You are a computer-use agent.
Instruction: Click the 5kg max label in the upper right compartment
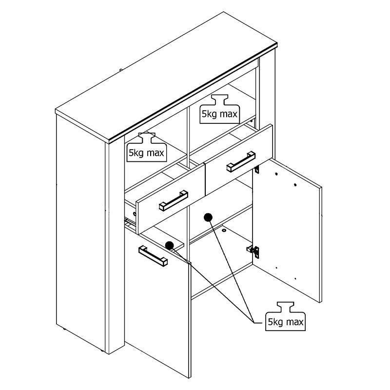[219, 114]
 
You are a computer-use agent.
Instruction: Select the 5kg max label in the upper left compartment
[146, 153]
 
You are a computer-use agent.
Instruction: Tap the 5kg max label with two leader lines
[285, 322]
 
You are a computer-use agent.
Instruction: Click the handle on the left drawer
[173, 200]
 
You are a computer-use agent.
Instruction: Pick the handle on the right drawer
[241, 161]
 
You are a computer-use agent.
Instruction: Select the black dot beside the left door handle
[169, 245]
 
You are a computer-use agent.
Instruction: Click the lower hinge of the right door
[253, 250]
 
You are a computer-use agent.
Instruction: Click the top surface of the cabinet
[166, 73]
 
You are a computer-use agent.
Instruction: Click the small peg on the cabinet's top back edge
[120, 71]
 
